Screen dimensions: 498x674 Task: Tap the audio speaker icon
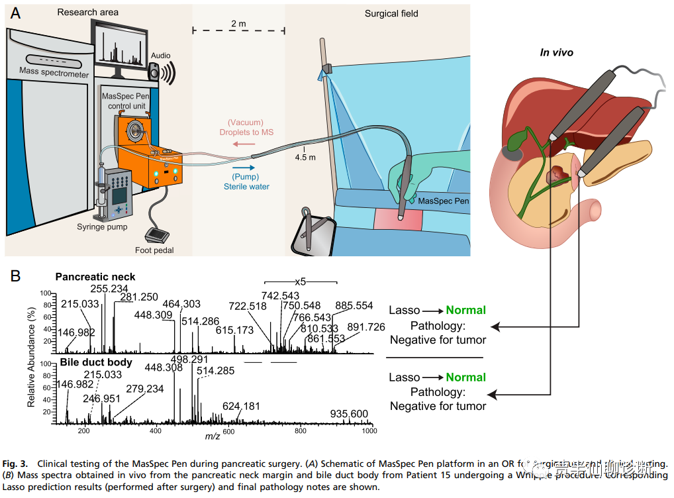159,74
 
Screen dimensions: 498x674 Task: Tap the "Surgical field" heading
391,13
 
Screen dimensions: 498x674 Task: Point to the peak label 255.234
109,288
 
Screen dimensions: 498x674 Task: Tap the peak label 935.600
349,414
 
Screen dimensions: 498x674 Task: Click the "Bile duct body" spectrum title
96,362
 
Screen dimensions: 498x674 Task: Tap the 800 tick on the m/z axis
300,431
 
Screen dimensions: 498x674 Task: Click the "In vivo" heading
556,52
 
